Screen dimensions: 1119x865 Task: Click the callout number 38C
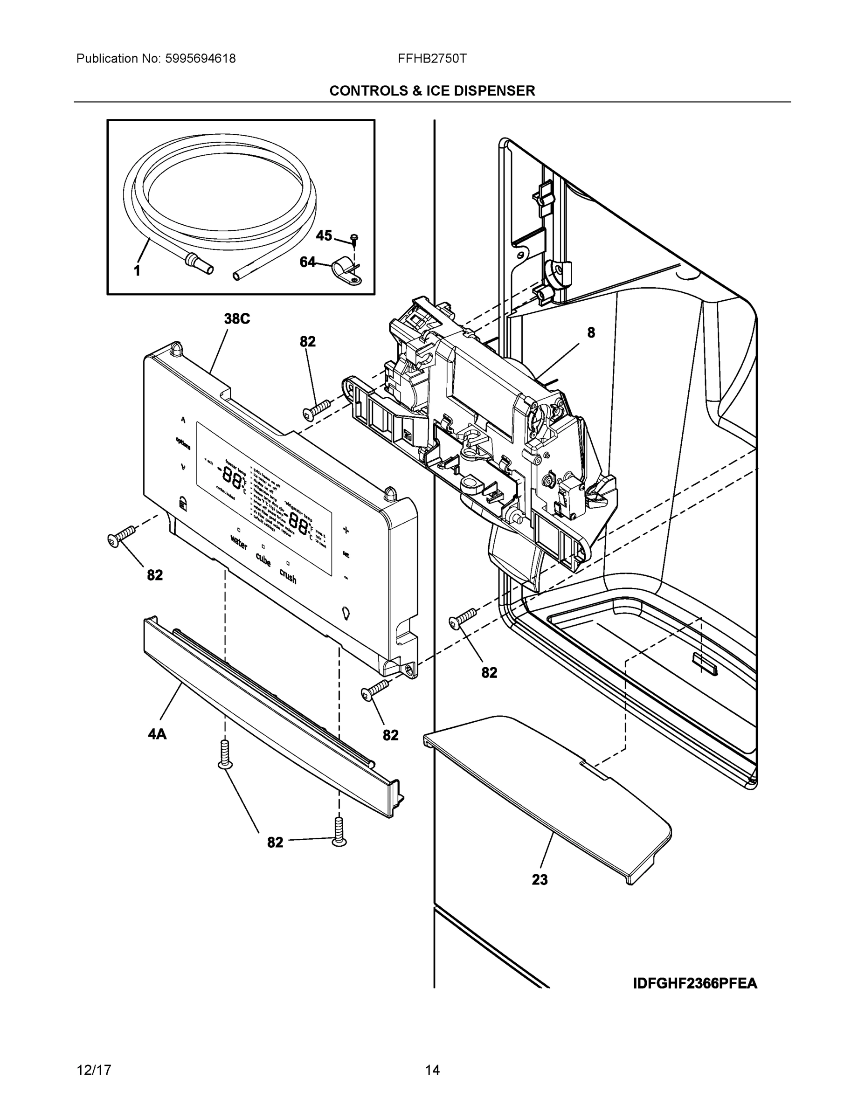pyautogui.click(x=237, y=319)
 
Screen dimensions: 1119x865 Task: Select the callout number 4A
pyautogui.click(x=157, y=734)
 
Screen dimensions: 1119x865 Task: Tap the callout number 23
pyautogui.click(x=540, y=879)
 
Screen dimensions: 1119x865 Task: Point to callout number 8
pyautogui.click(x=591, y=332)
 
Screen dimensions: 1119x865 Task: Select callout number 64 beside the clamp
pyautogui.click(x=307, y=262)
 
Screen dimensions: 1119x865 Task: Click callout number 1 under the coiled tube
pyautogui.click(x=137, y=271)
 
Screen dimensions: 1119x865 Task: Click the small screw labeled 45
pyautogui.click(x=354, y=238)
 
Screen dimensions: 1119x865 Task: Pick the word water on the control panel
pyautogui.click(x=239, y=542)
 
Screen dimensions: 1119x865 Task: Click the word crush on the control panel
pyautogui.click(x=288, y=576)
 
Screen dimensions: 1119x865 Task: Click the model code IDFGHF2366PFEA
pyautogui.click(x=695, y=983)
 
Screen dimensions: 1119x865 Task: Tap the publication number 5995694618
pyautogui.click(x=201, y=59)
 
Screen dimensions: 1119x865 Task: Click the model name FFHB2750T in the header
pyautogui.click(x=432, y=59)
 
